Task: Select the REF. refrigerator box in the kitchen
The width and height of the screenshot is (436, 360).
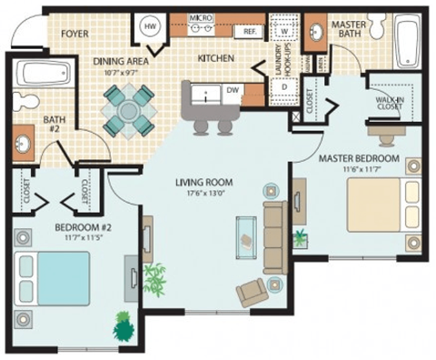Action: click(x=248, y=31)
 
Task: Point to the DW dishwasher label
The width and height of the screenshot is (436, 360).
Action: click(x=233, y=90)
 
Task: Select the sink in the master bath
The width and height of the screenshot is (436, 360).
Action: click(x=317, y=35)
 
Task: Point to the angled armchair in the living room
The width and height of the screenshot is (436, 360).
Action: click(x=251, y=293)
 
